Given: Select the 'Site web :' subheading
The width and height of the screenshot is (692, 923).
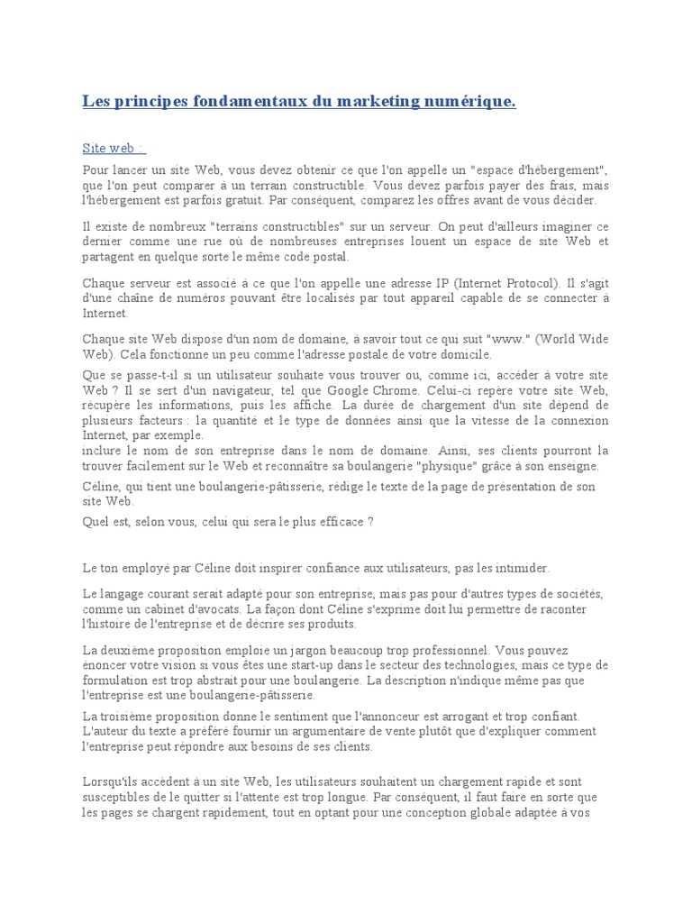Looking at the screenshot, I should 114,148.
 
